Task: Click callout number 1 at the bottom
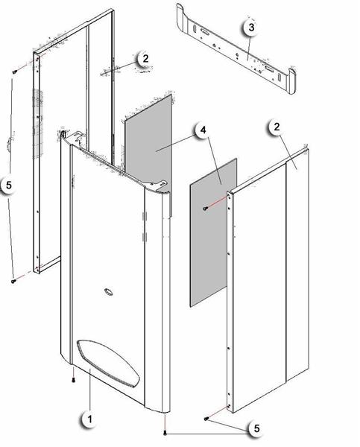[x=89, y=420]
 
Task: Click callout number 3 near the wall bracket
[x=251, y=28]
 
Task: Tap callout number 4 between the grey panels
[x=202, y=130]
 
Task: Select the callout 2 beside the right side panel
[x=277, y=127]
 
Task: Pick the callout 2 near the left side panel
[x=145, y=58]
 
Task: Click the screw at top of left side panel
[x=14, y=71]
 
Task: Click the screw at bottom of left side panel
[x=14, y=281]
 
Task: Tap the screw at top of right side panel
[x=205, y=209]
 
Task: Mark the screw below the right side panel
[x=205, y=420]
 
